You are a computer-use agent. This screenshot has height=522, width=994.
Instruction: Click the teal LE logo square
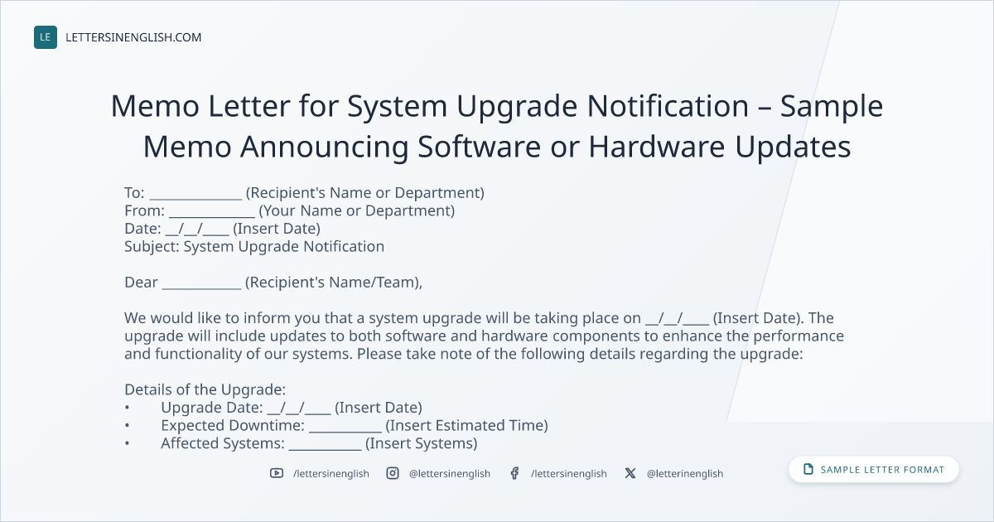46,37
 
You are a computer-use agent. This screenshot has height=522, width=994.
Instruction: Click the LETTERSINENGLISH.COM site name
133,37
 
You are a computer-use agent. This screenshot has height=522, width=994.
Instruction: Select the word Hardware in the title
657,147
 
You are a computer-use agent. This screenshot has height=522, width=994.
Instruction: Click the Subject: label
152,247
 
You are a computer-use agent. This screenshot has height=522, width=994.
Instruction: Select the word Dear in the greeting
141,283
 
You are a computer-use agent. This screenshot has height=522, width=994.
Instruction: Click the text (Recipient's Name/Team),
334,283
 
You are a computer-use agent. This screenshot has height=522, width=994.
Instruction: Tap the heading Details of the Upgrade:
205,389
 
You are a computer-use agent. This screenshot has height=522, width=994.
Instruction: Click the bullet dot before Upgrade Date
128,408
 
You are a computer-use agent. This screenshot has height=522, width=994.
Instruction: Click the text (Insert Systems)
421,443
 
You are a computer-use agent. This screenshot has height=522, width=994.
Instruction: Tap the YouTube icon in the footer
277,473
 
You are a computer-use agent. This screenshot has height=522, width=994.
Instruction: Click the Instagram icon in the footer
393,473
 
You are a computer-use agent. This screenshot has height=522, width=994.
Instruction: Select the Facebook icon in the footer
514,473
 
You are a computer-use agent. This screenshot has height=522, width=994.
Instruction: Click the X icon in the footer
630,473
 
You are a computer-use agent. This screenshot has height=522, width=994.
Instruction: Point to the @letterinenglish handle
685,474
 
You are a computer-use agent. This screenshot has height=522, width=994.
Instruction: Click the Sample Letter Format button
873,470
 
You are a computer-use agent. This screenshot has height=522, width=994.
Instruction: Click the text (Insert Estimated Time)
467,426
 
